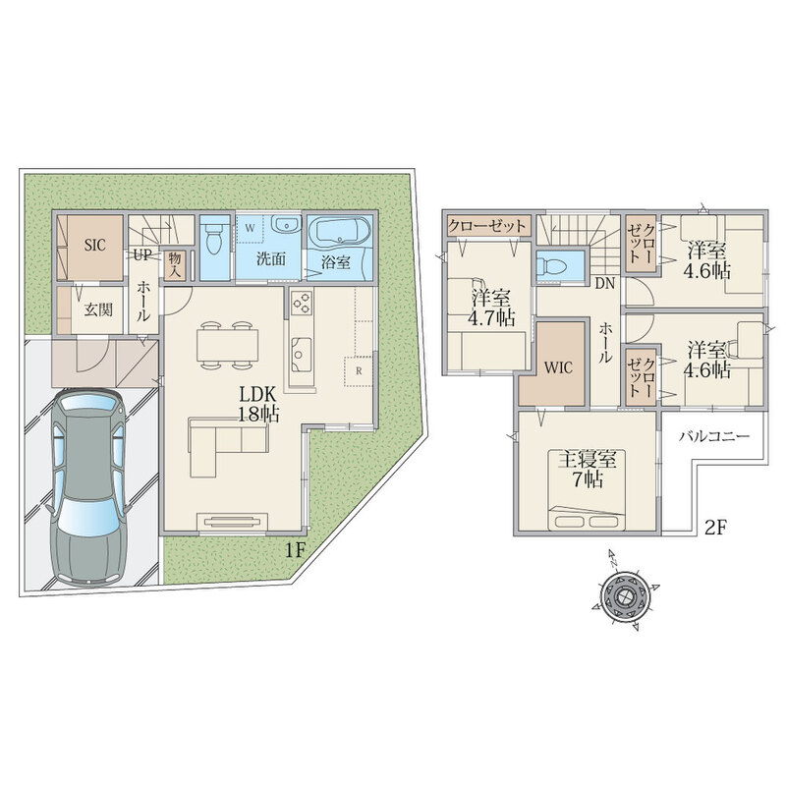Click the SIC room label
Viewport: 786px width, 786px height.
(x=94, y=246)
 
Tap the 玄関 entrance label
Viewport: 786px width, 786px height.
(x=97, y=310)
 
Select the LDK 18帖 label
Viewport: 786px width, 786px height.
(x=257, y=405)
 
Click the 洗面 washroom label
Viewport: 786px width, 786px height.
(x=271, y=259)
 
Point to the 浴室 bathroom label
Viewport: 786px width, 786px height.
(x=335, y=261)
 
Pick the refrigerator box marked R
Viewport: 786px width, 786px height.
(x=359, y=371)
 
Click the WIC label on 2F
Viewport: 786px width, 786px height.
(x=558, y=367)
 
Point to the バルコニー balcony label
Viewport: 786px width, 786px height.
(x=715, y=436)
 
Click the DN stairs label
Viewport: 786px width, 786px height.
(x=604, y=284)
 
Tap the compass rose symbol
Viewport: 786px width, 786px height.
(x=625, y=596)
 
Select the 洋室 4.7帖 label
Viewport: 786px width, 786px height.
(x=493, y=309)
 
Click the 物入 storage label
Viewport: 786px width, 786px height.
(x=175, y=264)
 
